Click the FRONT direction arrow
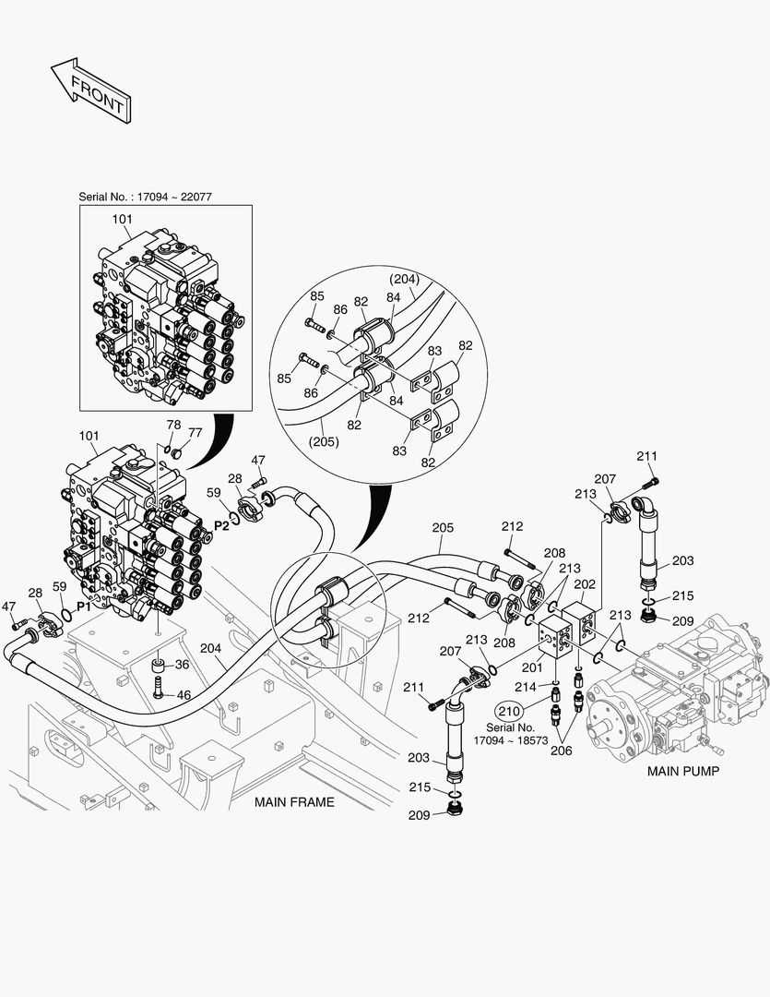click(89, 90)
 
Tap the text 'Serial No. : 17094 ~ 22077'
click(152, 197)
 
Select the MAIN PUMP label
click(682, 771)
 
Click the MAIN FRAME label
click(294, 802)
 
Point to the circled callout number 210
click(508, 711)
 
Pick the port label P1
click(84, 607)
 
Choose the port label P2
click(221, 524)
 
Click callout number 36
click(182, 664)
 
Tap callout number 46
click(184, 693)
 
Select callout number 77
click(195, 432)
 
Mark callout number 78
click(173, 424)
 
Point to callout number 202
click(585, 583)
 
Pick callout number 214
click(525, 687)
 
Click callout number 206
click(561, 751)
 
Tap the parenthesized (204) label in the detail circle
click(404, 279)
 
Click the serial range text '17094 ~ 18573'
click(509, 740)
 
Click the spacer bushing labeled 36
click(159, 666)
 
